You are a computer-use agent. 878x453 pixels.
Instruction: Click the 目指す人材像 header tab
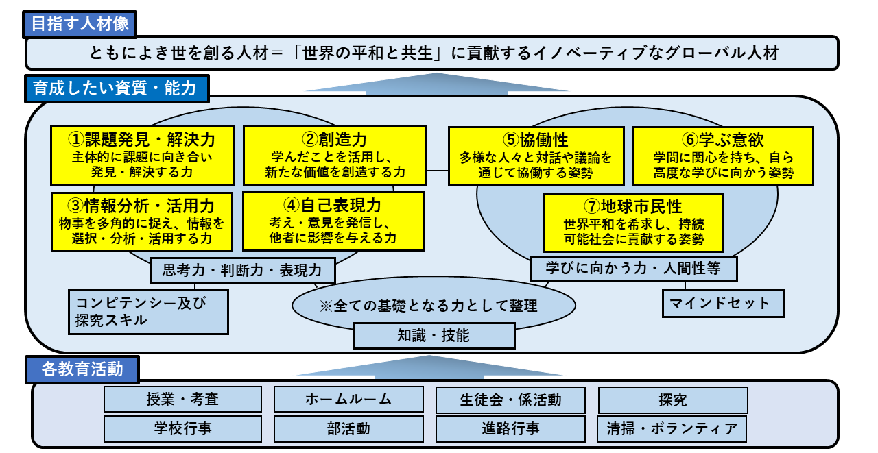[x=80, y=24]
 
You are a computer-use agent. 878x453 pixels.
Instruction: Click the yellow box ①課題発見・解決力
[x=142, y=156]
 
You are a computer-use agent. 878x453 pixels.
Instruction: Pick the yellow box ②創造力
[x=335, y=156]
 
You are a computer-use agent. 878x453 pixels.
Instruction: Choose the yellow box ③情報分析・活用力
[x=142, y=221]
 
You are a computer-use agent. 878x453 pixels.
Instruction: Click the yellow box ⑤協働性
[x=536, y=156]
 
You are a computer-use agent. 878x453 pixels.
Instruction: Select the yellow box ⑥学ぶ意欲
[x=723, y=156]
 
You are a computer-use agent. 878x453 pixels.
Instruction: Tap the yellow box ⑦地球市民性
[x=633, y=222]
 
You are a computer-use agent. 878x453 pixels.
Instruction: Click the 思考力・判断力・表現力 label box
[x=243, y=270]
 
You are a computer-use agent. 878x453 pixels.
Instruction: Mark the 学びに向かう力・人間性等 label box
[x=633, y=268]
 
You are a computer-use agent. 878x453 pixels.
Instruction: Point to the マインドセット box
[x=723, y=303]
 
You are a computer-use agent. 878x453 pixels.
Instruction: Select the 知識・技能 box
[x=434, y=335]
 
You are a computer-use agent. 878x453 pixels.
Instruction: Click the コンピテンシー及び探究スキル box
[x=148, y=311]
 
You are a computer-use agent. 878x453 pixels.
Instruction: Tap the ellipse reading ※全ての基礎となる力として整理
[x=434, y=305]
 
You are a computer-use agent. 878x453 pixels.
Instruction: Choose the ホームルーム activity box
[x=348, y=399]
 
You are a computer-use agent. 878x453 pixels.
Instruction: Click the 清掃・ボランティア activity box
[x=672, y=429]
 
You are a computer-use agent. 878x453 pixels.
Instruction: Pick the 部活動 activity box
[x=348, y=429]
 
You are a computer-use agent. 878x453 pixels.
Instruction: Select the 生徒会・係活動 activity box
[x=510, y=399]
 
